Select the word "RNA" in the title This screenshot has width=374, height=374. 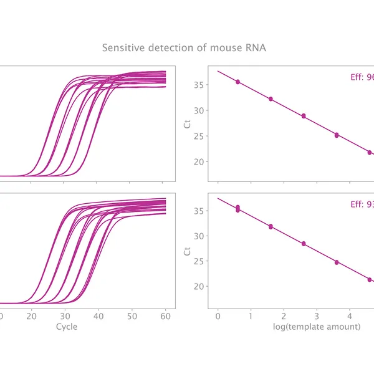[256, 47]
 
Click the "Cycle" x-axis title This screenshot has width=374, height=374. [67, 327]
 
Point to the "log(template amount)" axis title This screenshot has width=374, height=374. [317, 327]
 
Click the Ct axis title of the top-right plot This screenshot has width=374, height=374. [188, 123]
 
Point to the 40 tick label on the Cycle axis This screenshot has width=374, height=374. [97, 317]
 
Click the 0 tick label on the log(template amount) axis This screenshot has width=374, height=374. [218, 317]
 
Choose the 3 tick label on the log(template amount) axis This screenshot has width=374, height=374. [317, 317]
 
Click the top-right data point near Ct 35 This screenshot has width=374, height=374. [237, 82]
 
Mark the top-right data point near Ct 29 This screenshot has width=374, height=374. [304, 116]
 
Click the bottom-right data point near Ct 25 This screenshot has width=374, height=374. [337, 262]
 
